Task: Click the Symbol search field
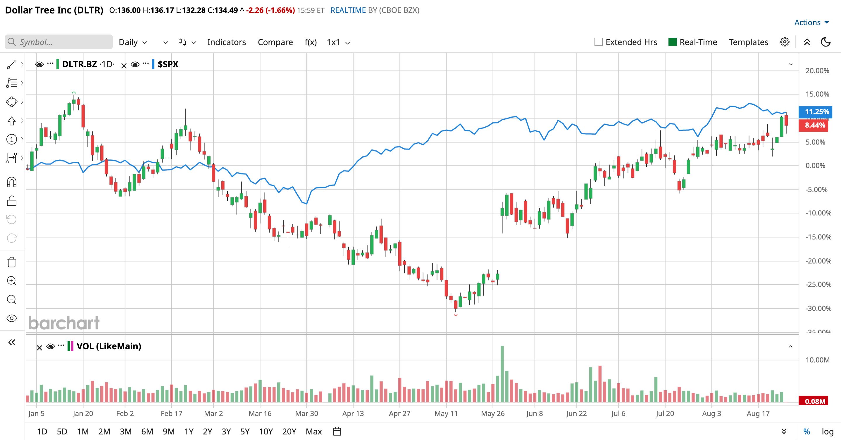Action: [59, 42]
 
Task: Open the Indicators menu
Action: [227, 42]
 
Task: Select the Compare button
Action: [275, 42]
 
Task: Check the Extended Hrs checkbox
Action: [598, 42]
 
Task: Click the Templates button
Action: [748, 42]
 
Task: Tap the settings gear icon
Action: [785, 42]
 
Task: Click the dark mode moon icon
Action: [826, 42]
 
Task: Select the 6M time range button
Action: [147, 432]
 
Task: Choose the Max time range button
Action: [314, 432]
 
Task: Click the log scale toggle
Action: [828, 432]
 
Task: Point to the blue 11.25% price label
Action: [815, 112]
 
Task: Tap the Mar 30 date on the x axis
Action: [306, 414]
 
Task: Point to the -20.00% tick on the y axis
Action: [818, 261]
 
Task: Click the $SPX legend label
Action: [168, 64]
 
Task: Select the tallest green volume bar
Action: [502, 374]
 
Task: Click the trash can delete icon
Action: [12, 262]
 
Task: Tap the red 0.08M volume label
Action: [815, 401]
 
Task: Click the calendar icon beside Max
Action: [337, 432]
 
